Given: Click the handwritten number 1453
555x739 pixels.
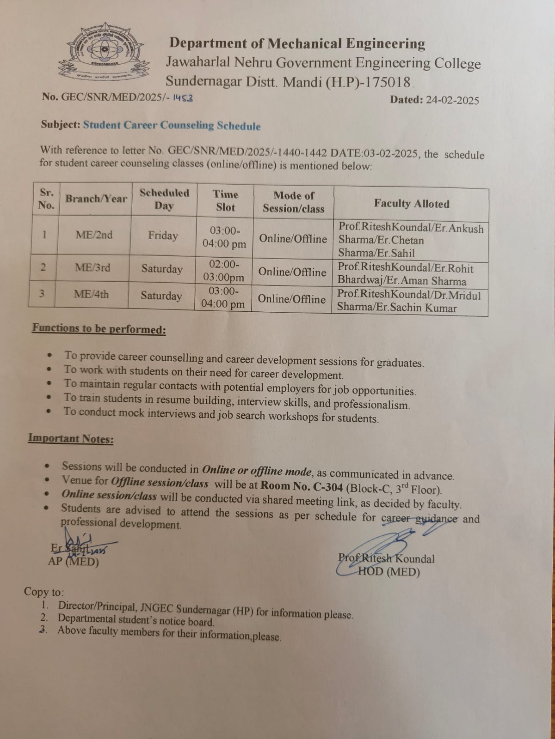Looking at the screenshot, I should [183, 97].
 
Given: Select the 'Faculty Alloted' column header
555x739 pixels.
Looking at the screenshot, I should [411, 204].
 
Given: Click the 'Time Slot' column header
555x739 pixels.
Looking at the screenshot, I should [225, 201].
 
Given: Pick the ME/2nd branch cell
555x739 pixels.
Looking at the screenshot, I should [94, 235].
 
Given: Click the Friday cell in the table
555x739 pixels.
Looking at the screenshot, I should [163, 236].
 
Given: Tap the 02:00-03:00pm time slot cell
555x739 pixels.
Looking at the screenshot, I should [224, 271].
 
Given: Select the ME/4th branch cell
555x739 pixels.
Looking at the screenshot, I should [91, 294].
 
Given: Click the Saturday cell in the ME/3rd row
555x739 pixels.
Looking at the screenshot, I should [162, 269].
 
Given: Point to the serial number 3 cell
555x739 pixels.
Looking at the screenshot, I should [42, 293].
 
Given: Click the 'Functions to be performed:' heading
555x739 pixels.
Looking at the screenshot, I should [99, 329].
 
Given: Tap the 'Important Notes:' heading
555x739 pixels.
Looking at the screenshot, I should [71, 438].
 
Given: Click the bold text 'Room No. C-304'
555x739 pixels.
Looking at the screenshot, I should [302, 486].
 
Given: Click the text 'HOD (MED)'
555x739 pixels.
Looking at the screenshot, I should [389, 572].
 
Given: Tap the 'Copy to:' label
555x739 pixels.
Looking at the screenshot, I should [44, 592].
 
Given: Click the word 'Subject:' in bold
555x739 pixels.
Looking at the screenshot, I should [61, 125].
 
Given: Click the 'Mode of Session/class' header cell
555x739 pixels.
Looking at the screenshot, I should [293, 202].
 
